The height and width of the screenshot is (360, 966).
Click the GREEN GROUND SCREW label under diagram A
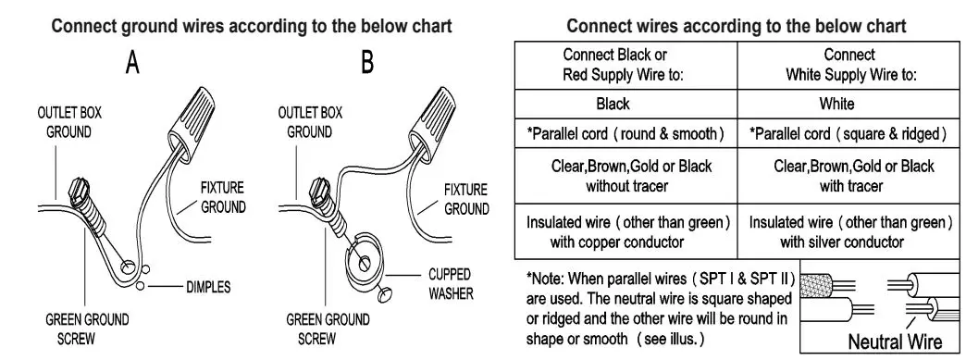88,329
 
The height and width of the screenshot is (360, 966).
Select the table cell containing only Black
625,104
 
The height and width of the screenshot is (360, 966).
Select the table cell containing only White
848,104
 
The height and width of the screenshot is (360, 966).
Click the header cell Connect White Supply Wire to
848,64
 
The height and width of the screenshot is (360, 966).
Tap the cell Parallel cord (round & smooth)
625,134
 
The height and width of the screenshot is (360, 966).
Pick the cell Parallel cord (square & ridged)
848,134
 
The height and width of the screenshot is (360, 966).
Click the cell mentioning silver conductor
848,232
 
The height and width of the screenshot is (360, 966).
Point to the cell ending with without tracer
625,176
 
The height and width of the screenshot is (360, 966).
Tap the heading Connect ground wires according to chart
252,26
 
